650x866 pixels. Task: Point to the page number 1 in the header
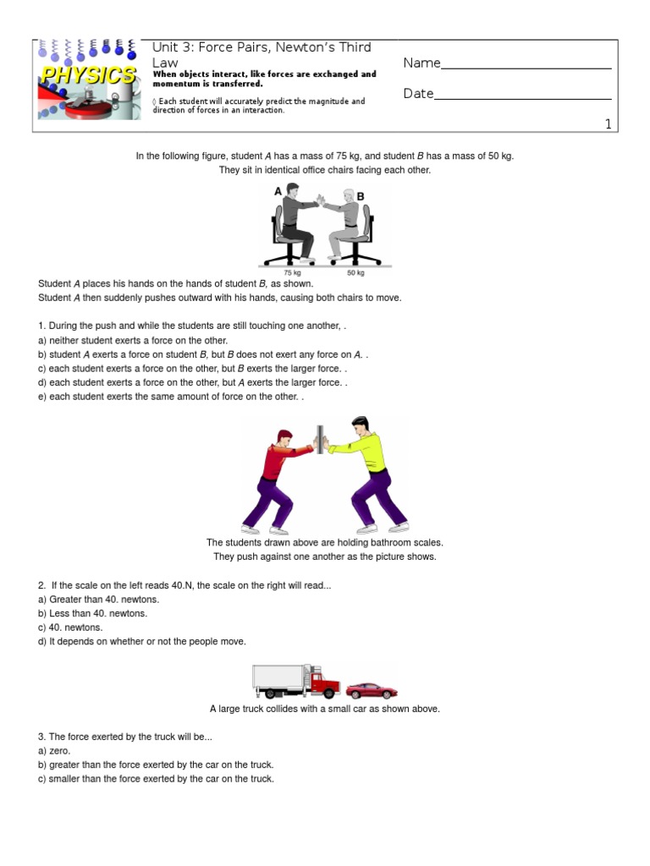pyautogui.click(x=607, y=124)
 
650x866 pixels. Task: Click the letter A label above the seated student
pyautogui.click(x=278, y=192)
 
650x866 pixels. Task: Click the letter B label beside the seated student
pyautogui.click(x=360, y=196)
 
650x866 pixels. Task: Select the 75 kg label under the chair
pyautogui.click(x=292, y=273)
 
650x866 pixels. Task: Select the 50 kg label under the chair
pyautogui.click(x=356, y=273)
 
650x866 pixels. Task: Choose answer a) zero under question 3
pyautogui.click(x=54, y=750)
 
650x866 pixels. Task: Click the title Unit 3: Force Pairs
pyautogui.click(x=261, y=47)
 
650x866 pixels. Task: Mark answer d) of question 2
pyautogui.click(x=142, y=642)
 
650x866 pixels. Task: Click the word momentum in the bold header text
pyautogui.click(x=179, y=84)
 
